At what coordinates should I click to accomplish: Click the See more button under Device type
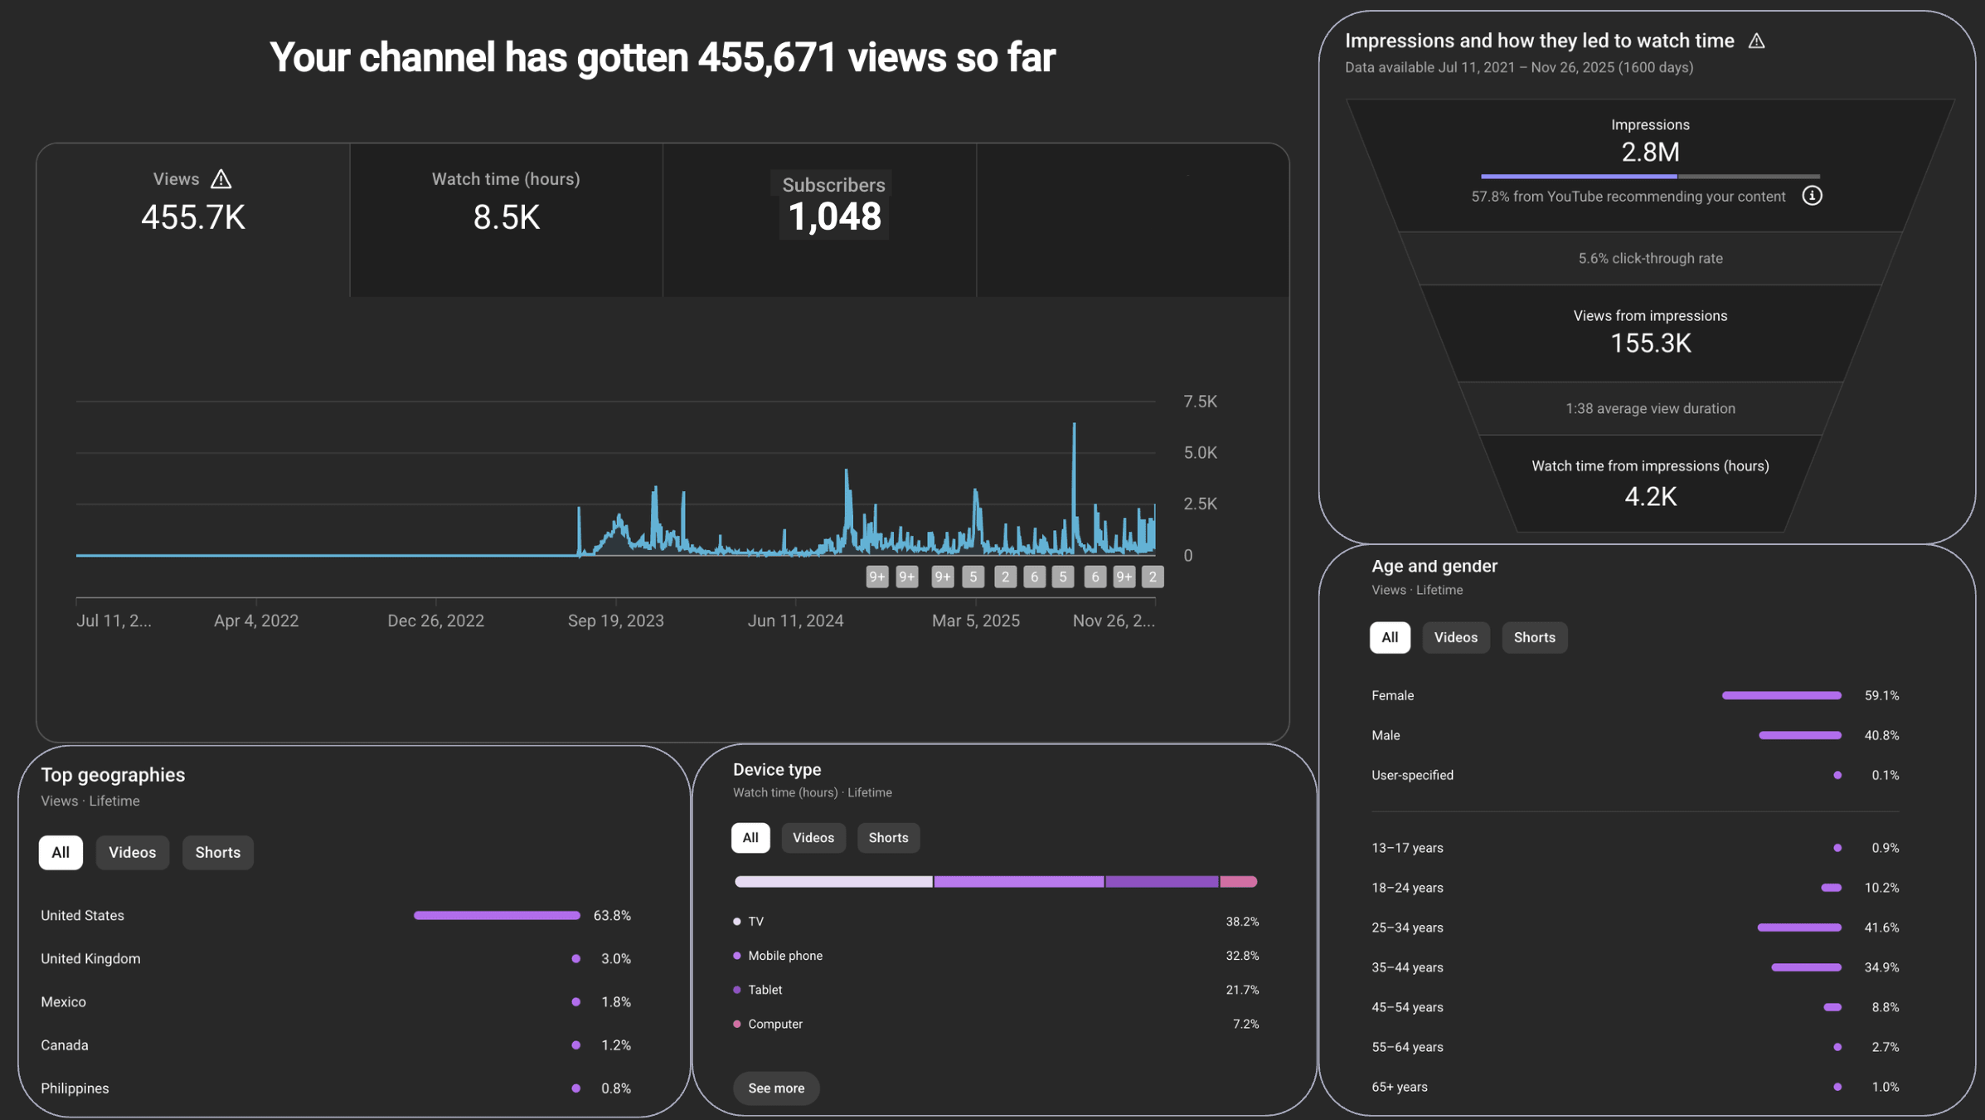[x=776, y=1088]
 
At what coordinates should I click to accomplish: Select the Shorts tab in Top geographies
[x=217, y=852]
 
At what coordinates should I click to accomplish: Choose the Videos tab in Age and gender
[x=1456, y=637]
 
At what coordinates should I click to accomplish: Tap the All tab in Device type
[x=750, y=837]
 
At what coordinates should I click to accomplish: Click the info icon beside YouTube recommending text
[x=1812, y=196]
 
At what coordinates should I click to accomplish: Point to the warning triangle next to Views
[x=221, y=179]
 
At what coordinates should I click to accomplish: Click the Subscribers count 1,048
[x=834, y=217]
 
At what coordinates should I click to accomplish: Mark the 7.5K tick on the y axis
[x=1200, y=402]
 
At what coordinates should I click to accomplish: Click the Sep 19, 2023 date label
[x=615, y=621]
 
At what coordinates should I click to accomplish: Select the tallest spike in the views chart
[x=1074, y=425]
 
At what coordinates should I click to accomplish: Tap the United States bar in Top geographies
[x=497, y=915]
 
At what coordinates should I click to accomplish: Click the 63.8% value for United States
[x=612, y=915]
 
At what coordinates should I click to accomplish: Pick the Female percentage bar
[x=1781, y=695]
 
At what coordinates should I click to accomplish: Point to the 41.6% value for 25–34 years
[x=1881, y=928]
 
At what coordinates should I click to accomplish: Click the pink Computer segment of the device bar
[x=1239, y=882]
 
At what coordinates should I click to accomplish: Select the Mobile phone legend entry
[x=779, y=956]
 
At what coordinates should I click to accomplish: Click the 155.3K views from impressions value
[x=1650, y=343]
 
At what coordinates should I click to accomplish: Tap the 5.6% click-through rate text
[x=1650, y=258]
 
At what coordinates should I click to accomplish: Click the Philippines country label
[x=75, y=1088]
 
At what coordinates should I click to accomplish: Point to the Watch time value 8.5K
[x=506, y=217]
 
